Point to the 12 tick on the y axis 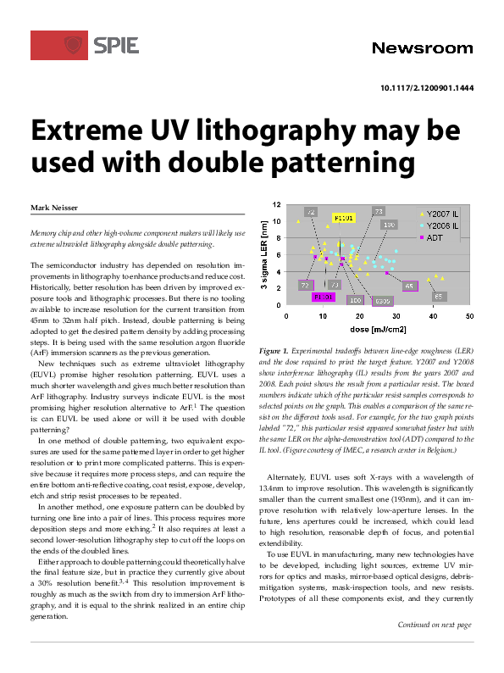pyautogui.click(x=275, y=205)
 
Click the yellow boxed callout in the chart pyautogui.click(x=344, y=218)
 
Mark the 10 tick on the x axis pyautogui.click(x=323, y=315)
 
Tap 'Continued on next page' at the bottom pyautogui.click(x=435, y=648)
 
